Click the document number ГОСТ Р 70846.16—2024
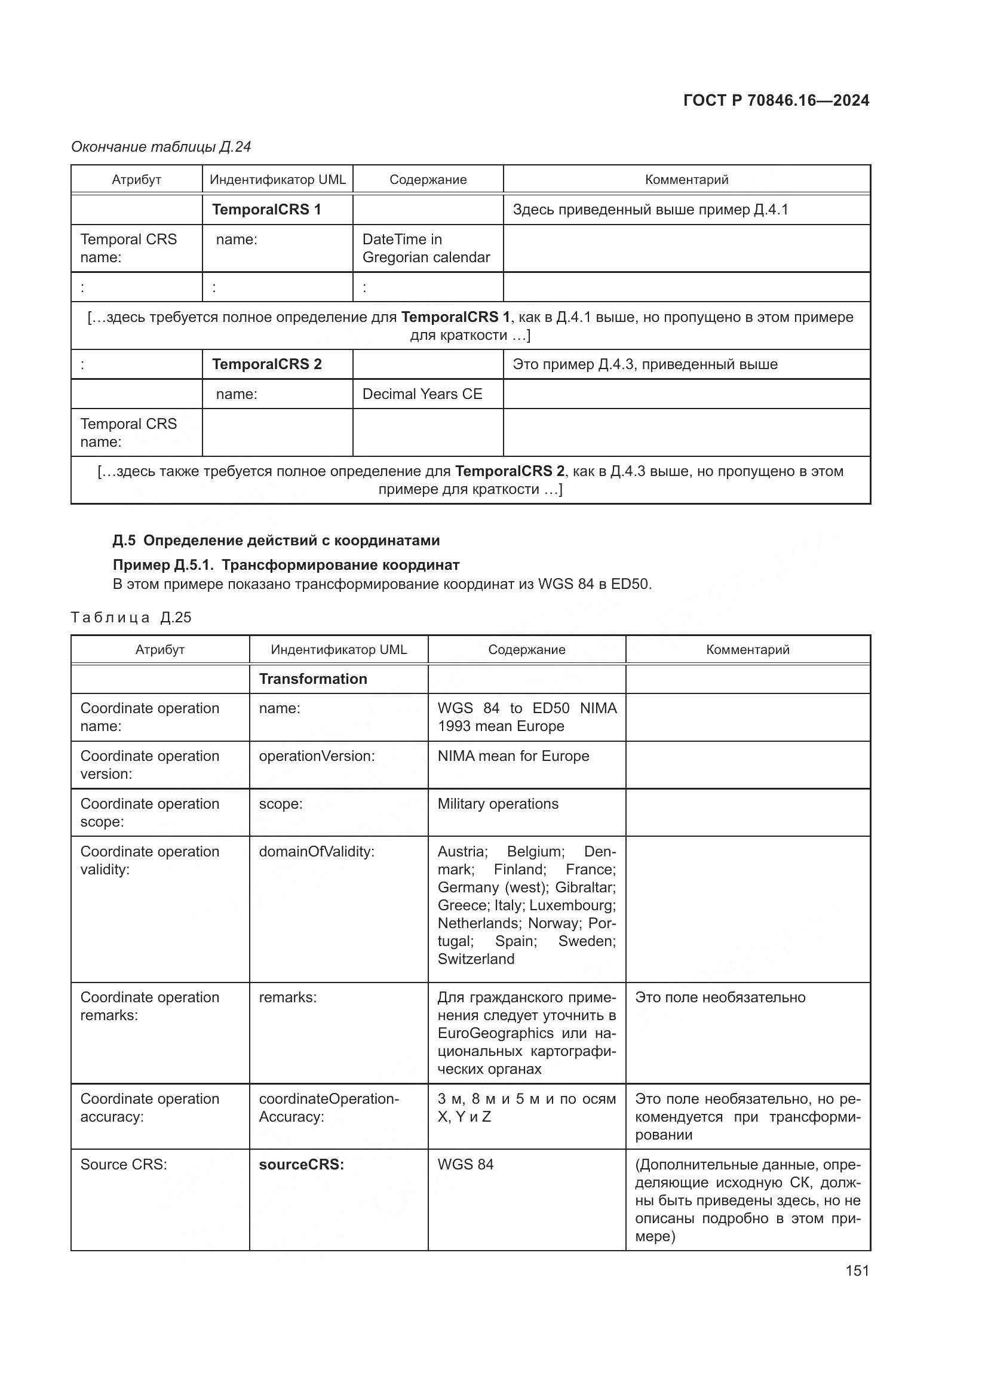[x=776, y=100]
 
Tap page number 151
[x=857, y=1270]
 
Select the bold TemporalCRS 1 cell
[x=266, y=209]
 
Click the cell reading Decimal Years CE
[x=422, y=394]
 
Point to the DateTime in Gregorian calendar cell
[x=426, y=248]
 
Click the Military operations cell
[x=498, y=804]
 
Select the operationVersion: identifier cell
[x=317, y=756]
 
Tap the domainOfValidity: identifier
[x=317, y=851]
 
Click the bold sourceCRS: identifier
[x=301, y=1164]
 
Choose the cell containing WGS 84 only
[x=465, y=1164]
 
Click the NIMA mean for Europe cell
[x=513, y=756]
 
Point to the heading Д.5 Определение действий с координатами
[x=276, y=541]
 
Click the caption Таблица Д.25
[x=131, y=618]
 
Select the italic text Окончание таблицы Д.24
[x=161, y=147]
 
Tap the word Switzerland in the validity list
[x=475, y=959]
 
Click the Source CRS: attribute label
[x=124, y=1164]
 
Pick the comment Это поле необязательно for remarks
[x=720, y=997]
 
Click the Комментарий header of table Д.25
[x=747, y=649]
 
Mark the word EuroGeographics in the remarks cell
[x=495, y=1033]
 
